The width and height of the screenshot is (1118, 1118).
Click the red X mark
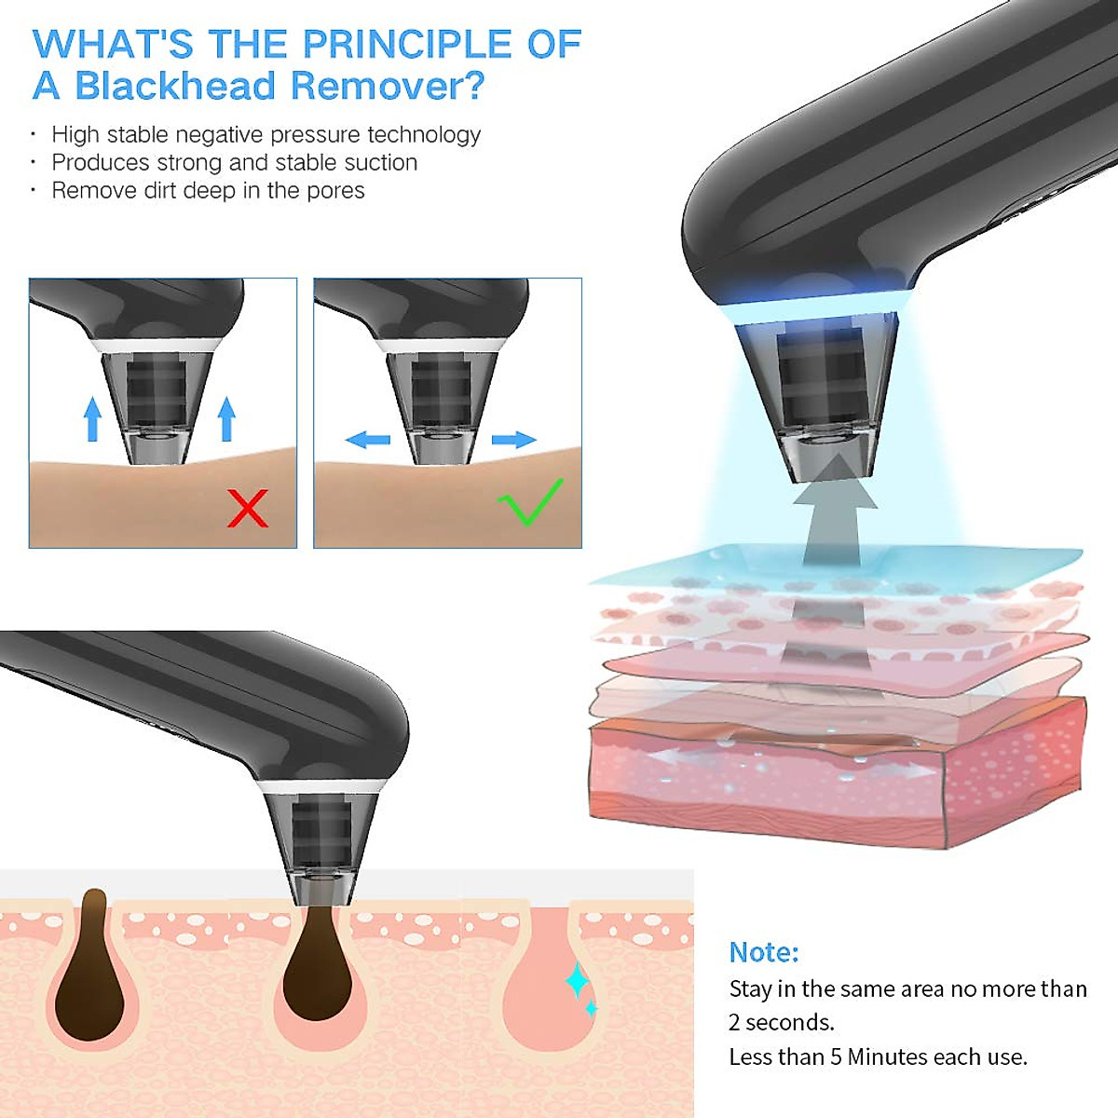pos(248,508)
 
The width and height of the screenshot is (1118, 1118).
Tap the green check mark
pos(529,503)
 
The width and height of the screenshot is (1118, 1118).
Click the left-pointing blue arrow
pos(367,439)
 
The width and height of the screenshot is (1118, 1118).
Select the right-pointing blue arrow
pos(513,439)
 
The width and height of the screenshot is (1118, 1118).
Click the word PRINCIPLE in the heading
pos(408,45)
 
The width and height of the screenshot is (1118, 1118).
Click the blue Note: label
pos(763,951)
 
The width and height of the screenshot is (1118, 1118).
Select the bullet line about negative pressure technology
pos(266,134)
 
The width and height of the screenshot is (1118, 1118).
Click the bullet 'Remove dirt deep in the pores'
pos(208,190)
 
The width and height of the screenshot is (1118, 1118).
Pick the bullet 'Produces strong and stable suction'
pos(234,162)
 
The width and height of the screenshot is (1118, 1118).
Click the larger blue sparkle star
pos(577,980)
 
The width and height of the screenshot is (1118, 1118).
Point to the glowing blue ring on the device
pos(811,308)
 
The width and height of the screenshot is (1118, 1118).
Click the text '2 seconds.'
pos(781,1022)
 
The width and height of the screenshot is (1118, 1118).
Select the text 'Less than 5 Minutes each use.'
pos(878,1057)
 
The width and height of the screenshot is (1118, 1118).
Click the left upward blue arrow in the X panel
pos(91,419)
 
